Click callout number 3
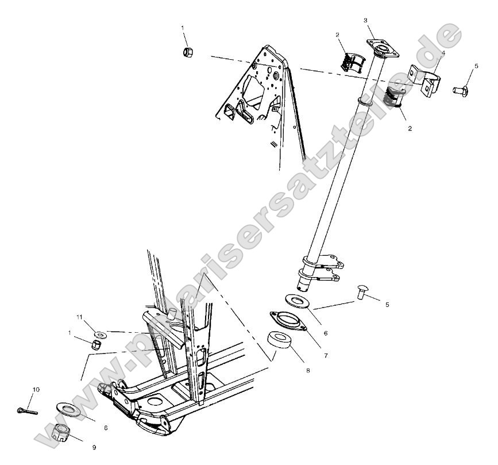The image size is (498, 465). point(366,21)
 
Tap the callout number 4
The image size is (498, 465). point(443,53)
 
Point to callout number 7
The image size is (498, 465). point(326,356)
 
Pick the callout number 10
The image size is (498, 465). point(36,390)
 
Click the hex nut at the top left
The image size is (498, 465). point(187,52)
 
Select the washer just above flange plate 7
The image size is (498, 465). point(296,300)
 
